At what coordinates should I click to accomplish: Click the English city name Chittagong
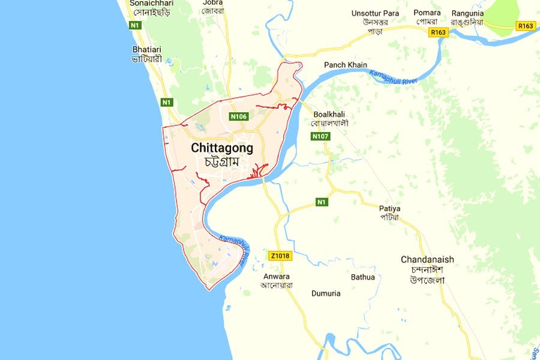tap(222, 148)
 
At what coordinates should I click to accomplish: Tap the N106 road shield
tap(239, 116)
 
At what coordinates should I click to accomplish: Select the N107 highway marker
tap(320, 137)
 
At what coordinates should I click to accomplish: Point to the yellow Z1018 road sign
tap(280, 256)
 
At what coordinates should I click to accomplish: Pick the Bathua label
tap(363, 277)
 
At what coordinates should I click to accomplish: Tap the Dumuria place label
tap(326, 293)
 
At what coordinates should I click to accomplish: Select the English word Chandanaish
tap(427, 259)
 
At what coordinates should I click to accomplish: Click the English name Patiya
tap(389, 208)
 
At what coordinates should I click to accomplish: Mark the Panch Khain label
tap(346, 65)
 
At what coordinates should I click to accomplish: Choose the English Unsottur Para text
tap(375, 13)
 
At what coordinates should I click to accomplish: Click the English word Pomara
tap(427, 13)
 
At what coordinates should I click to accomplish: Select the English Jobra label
tap(212, 2)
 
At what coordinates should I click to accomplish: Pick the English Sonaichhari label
tap(151, 3)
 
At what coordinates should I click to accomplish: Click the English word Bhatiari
tap(148, 49)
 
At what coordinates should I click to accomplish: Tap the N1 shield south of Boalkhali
tap(323, 202)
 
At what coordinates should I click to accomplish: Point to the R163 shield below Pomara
tap(438, 32)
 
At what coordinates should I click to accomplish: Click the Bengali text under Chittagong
tap(221, 163)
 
